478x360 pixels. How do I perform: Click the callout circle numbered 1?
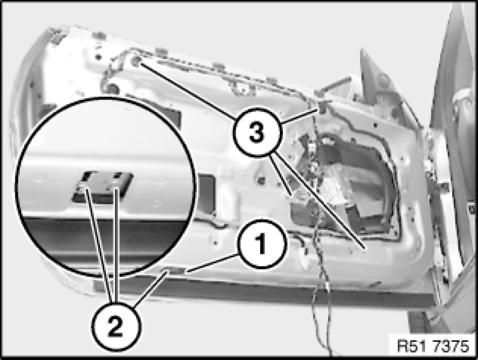click(262, 244)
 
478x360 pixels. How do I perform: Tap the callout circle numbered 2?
click(116, 327)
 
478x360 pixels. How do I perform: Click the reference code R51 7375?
click(433, 346)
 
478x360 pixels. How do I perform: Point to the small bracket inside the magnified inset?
click(103, 186)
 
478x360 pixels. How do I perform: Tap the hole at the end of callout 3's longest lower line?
click(364, 249)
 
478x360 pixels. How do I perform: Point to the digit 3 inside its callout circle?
click(257, 133)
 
